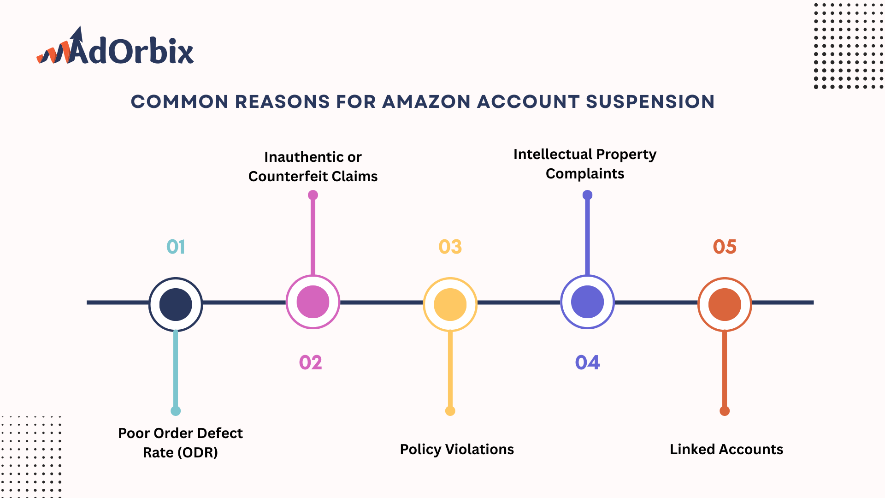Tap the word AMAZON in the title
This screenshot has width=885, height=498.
[426, 102]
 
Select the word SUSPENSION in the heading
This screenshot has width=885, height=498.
[650, 102]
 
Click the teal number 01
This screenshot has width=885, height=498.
[176, 247]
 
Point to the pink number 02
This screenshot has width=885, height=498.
[311, 363]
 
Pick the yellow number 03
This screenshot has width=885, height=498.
[450, 247]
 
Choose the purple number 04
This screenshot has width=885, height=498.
[587, 363]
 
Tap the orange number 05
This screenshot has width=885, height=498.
[725, 247]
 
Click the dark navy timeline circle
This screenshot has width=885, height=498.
[176, 304]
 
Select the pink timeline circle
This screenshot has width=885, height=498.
[313, 302]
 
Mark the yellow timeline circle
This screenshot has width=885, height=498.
[450, 304]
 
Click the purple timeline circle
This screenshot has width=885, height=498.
[587, 302]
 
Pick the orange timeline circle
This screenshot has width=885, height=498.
[725, 304]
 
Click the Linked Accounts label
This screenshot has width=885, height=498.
[726, 450]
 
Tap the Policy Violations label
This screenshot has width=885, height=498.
[457, 450]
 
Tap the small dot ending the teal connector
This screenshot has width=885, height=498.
[176, 411]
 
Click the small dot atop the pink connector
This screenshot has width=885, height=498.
[313, 195]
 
